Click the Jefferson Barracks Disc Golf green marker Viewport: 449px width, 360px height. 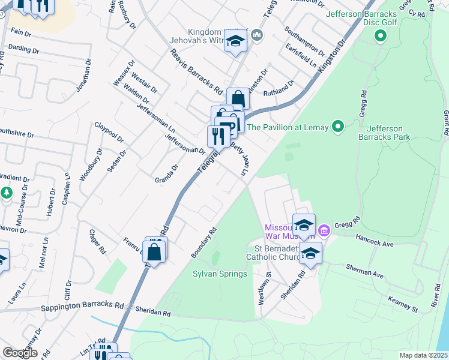pos(379,37)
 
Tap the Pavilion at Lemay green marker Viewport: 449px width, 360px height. pos(337,127)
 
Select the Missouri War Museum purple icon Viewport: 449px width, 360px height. pos(324,230)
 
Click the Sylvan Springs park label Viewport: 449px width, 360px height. pos(220,274)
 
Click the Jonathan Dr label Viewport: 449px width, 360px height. pos(83,78)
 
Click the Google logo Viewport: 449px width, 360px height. pos(20,352)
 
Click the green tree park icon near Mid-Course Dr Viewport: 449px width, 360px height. pos(6,193)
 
